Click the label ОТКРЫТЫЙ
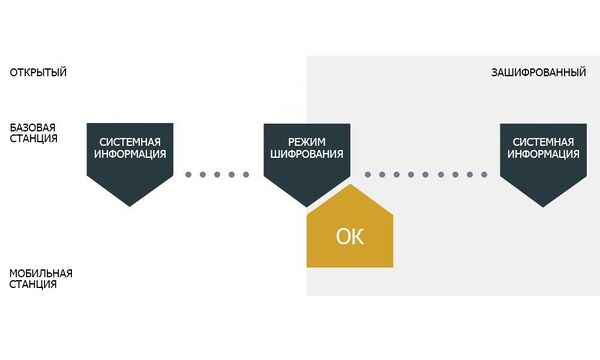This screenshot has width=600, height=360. coord(38,72)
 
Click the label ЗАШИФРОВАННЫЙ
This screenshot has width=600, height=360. coord(538,72)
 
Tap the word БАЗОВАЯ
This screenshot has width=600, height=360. coord(33,127)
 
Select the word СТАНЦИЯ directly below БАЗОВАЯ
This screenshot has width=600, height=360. coord(33,138)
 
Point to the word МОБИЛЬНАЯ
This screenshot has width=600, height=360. coord(41,274)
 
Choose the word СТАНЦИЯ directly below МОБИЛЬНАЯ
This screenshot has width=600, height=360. coord(33,284)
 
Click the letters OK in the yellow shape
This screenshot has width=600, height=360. coord(350,236)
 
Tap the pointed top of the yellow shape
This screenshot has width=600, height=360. coord(350,184)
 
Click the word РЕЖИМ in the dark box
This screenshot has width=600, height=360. coord(307,142)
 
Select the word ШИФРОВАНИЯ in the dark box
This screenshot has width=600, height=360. coord(307,154)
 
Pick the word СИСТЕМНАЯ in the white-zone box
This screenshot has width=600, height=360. coord(130,142)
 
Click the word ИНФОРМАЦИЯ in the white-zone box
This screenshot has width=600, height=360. coord(130,154)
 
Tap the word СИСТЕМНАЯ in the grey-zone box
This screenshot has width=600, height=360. coord(543,142)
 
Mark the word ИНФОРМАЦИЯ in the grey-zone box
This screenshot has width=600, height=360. coord(543,154)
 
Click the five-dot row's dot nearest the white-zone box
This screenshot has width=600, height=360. coord(188,174)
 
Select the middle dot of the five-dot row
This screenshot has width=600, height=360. coord(217,174)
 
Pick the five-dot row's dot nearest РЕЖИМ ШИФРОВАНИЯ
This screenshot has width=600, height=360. coord(246,174)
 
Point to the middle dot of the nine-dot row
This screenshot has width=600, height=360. coord(426,174)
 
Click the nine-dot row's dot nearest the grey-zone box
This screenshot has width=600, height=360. coord(484,174)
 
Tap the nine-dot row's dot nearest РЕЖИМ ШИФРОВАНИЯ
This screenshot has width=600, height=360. coord(368,174)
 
